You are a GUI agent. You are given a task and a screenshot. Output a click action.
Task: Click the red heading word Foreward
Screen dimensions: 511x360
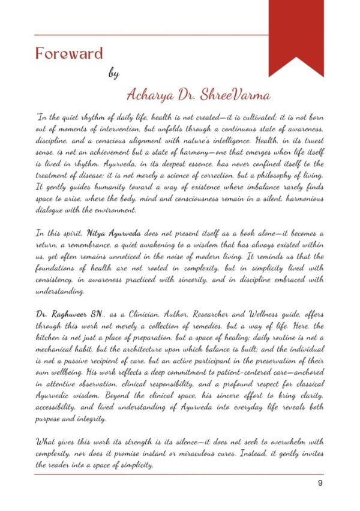pyautogui.click(x=69, y=53)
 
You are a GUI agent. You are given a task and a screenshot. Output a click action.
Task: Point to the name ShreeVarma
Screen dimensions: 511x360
pyautogui.click(x=227, y=95)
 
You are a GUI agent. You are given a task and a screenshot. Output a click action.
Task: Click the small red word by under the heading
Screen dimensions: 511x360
pyautogui.click(x=114, y=74)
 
